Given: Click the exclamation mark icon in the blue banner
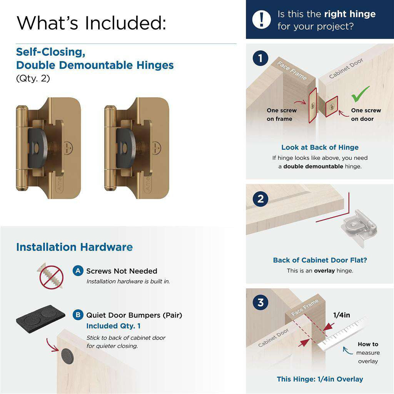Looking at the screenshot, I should tap(262, 19).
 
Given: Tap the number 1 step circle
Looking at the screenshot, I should tap(260, 58).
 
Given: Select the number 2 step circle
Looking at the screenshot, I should tap(260, 199).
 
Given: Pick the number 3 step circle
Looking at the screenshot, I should tap(260, 302).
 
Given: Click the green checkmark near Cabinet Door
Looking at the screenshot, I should tap(360, 93).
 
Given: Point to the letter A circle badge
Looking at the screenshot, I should tap(78, 271).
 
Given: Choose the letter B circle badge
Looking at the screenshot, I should tap(78, 315).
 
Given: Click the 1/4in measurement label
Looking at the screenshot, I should tap(341, 315).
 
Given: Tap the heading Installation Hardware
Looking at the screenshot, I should tap(74, 247).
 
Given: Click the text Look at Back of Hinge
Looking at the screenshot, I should tap(320, 147).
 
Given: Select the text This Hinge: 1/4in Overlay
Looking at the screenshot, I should tap(320, 379).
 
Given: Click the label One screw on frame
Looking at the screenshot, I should tap(282, 115).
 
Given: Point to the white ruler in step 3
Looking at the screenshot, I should tap(342, 333).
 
